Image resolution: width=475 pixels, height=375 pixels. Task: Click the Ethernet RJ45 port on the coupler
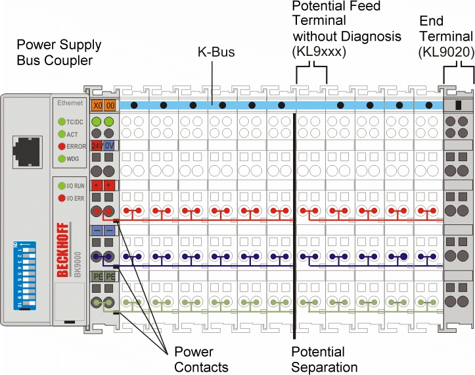27,147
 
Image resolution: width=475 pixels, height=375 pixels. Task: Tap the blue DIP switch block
26,276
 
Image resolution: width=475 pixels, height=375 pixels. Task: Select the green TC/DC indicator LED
61,122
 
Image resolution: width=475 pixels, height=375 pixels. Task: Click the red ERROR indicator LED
61,146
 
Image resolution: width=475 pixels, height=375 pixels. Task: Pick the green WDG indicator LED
61,159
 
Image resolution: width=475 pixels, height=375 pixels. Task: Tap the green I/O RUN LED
61,186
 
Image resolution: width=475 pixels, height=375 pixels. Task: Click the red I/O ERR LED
61,197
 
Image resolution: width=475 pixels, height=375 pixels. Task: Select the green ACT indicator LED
61,134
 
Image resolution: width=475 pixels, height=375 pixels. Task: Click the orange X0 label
97,105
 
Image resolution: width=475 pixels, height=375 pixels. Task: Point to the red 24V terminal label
97,145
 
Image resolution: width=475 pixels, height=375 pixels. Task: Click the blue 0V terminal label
110,145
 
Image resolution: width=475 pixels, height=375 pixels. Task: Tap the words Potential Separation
325,359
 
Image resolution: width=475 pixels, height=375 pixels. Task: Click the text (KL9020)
445,50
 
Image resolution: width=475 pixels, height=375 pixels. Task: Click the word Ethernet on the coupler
70,103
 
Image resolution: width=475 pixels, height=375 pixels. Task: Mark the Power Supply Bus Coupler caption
59,53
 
